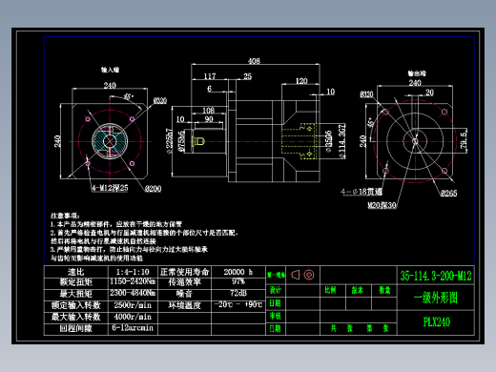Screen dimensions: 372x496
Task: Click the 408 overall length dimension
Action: (253, 61)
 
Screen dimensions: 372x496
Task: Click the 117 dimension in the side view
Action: (209, 76)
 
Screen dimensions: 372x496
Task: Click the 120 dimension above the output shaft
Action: (301, 83)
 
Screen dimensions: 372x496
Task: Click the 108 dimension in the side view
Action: (209, 111)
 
